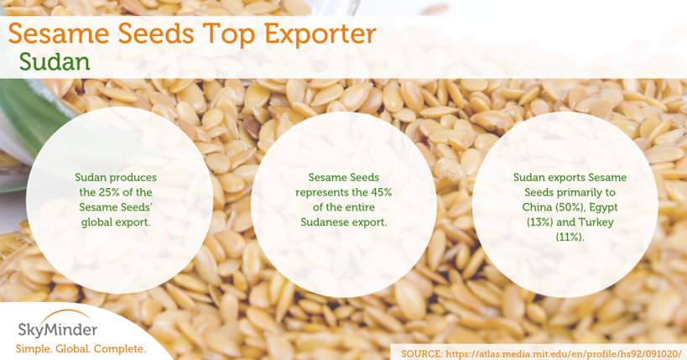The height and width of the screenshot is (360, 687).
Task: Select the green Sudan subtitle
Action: click(x=55, y=62)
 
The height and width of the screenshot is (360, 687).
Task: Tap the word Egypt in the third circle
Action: click(x=604, y=208)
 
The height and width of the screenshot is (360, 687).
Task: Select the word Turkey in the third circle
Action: click(x=596, y=222)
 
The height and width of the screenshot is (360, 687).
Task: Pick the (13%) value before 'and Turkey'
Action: click(x=541, y=222)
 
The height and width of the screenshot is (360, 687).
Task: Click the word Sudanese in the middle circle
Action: click(x=321, y=222)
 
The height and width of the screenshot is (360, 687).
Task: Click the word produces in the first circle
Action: click(x=135, y=178)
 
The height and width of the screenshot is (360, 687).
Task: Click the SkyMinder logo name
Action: click(x=58, y=330)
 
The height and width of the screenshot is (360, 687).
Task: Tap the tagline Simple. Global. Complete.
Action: click(x=81, y=349)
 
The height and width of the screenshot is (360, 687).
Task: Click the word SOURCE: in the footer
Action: click(x=422, y=353)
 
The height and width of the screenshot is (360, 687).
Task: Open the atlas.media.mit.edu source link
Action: click(x=564, y=353)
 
